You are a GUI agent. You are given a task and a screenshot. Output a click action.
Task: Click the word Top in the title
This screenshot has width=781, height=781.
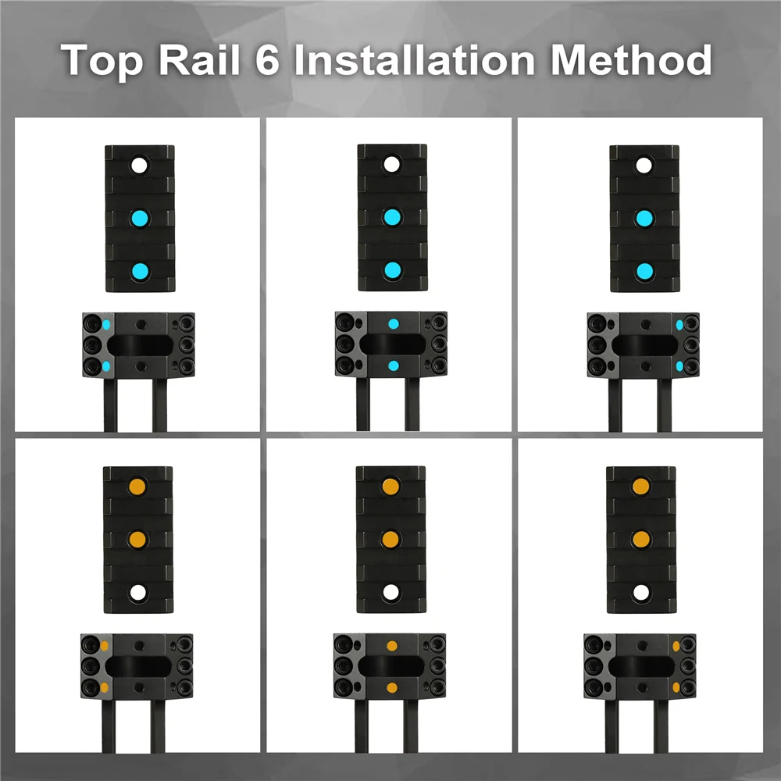[102, 61]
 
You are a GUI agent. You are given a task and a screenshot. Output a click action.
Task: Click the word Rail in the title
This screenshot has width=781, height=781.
[199, 60]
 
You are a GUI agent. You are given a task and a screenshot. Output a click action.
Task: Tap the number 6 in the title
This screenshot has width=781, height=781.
[267, 60]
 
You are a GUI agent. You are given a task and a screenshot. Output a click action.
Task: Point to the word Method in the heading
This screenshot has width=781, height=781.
[631, 60]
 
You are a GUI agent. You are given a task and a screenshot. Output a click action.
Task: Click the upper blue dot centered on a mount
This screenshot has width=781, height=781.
[394, 324]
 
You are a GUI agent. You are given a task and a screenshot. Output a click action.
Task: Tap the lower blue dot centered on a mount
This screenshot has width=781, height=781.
[394, 366]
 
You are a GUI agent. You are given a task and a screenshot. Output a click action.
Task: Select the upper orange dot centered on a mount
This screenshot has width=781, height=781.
[392, 646]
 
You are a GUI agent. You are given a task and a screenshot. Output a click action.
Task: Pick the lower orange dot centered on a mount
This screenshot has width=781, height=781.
[392, 688]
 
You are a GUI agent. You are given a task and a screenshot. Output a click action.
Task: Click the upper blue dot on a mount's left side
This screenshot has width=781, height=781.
[106, 325]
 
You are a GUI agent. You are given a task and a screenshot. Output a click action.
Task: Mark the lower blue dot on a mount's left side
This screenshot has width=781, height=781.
[106, 366]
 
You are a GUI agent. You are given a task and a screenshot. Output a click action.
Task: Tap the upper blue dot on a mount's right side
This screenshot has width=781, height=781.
[679, 325]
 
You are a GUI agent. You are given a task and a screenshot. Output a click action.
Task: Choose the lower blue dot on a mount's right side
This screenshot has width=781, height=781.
[679, 366]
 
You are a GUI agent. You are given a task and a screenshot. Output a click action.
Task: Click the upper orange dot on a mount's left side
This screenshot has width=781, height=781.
[104, 646]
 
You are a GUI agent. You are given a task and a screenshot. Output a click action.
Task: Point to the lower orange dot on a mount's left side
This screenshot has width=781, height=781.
[104, 688]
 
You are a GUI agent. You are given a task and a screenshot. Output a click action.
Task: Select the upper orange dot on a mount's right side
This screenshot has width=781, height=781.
[676, 646]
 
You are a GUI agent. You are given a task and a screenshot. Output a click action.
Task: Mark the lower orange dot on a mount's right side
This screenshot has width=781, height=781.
[676, 688]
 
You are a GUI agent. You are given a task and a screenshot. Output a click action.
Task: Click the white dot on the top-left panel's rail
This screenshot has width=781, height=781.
[140, 166]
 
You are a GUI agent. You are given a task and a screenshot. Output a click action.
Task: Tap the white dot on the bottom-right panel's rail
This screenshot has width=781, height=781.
[641, 593]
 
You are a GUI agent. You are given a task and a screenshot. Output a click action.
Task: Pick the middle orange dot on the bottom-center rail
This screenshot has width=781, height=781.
[390, 540]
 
